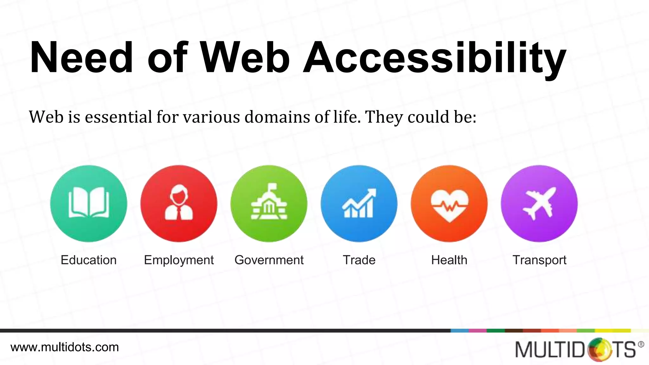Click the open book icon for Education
pyautogui.click(x=89, y=203)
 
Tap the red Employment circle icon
pyautogui.click(x=179, y=203)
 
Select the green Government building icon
pyautogui.click(x=269, y=203)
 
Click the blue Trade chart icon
pyautogui.click(x=359, y=203)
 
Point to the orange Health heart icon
pyautogui.click(x=449, y=203)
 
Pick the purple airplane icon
pyautogui.click(x=539, y=203)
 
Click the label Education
pyautogui.click(x=89, y=260)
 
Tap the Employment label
pyautogui.click(x=179, y=260)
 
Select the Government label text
pyautogui.click(x=269, y=260)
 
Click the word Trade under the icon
pyautogui.click(x=359, y=260)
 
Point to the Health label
pyautogui.click(x=449, y=260)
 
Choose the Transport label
pyautogui.click(x=539, y=260)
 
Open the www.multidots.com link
pyautogui.click(x=65, y=347)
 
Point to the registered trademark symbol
pyautogui.click(x=641, y=344)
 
